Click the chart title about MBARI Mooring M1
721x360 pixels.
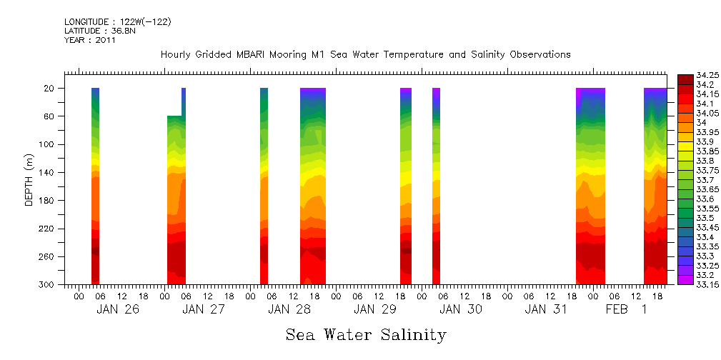(365, 54)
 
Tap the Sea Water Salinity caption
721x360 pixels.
(366, 334)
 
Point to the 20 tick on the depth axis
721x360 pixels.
(50, 89)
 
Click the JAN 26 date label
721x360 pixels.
(118, 309)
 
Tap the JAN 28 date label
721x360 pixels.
(289, 309)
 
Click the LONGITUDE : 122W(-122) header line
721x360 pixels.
(117, 22)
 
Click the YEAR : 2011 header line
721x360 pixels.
(90, 40)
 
